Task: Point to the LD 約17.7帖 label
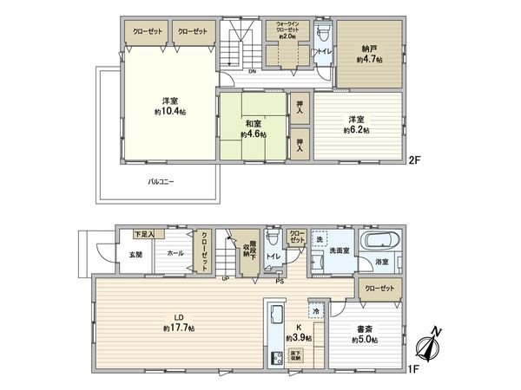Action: (179, 323)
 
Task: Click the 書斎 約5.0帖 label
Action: (365, 333)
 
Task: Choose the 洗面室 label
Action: (339, 250)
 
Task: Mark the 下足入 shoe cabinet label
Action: (143, 234)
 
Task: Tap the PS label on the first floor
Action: (280, 281)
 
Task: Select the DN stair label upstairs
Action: (251, 71)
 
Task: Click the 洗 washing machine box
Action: (320, 240)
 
